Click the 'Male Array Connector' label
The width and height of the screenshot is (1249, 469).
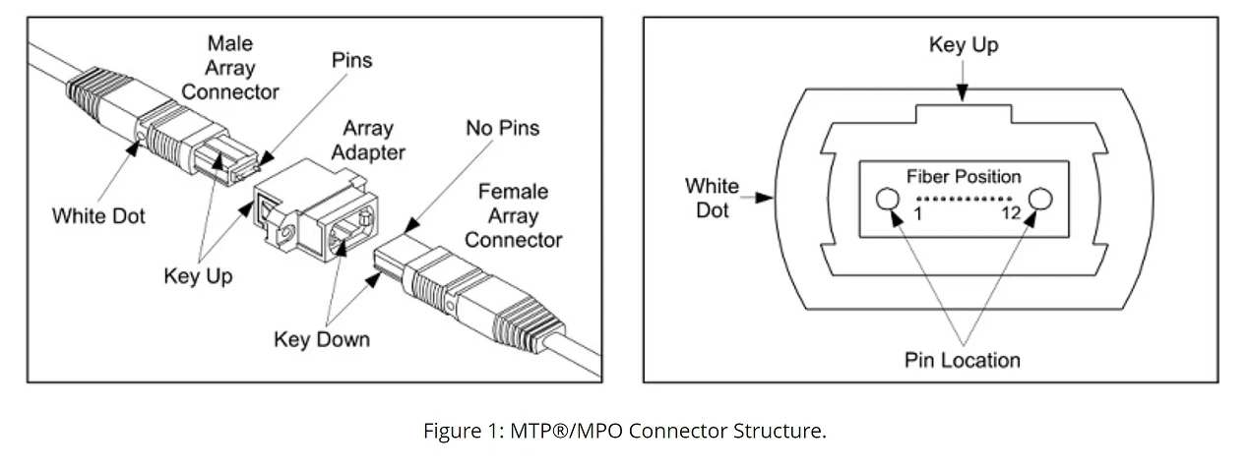229,68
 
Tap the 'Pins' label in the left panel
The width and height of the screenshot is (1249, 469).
351,60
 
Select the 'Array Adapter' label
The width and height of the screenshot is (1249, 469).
368,140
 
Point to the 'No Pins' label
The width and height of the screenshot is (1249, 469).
502,128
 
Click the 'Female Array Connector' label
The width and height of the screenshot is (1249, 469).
513,215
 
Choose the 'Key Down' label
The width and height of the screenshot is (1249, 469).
322,339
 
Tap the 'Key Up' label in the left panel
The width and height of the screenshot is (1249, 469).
198,276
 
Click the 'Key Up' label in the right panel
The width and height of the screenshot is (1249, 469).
964,44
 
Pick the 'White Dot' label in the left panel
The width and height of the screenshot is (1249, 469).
98,216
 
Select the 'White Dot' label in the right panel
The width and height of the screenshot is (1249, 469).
712,199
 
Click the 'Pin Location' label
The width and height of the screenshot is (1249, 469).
963,361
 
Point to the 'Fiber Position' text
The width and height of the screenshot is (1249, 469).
964,177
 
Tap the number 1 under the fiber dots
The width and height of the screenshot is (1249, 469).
917,213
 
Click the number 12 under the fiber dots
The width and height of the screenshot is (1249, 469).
1011,212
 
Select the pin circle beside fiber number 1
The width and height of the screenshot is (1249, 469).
888,199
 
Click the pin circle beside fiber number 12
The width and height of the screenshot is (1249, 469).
1040,199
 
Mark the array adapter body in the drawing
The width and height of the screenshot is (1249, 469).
315,210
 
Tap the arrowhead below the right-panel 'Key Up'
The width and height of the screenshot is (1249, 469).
963,92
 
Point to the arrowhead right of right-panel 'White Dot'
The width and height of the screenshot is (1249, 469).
765,198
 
